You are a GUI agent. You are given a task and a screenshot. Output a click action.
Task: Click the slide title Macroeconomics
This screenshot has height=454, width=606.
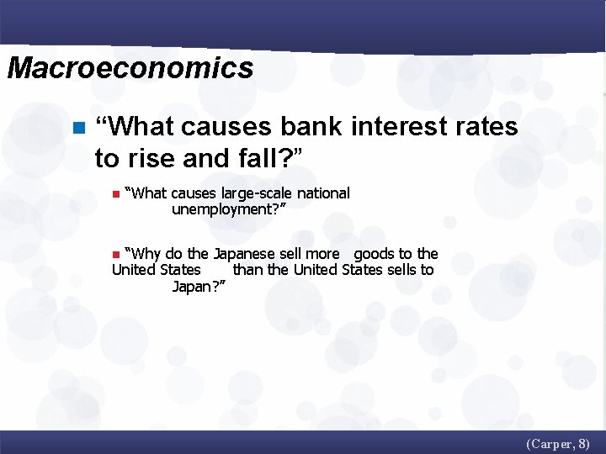point(130,68)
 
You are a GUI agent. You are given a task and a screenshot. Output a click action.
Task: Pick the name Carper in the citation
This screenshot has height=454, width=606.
point(551,443)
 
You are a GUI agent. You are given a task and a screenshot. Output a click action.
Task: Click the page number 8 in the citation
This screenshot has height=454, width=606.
point(583,443)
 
